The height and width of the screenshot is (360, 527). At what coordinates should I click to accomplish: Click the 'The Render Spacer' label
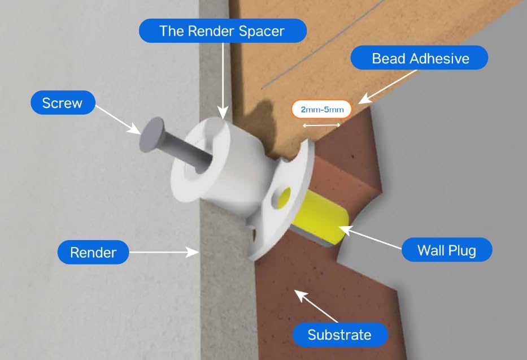pos(223,31)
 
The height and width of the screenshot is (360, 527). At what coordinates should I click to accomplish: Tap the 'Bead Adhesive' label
pos(420,58)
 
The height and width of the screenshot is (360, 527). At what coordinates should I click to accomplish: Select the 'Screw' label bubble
pos(63,102)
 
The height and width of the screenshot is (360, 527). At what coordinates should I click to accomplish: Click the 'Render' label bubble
pos(93,252)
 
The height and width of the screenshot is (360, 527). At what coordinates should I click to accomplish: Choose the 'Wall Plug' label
pos(447,250)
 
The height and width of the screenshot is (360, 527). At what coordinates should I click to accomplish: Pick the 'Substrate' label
pos(340,335)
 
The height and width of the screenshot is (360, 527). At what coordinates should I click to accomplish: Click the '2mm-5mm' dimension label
pos(321,109)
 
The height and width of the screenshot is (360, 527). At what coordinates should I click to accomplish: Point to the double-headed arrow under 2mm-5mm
pos(321,125)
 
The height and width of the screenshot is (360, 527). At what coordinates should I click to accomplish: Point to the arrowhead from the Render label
pos(194,252)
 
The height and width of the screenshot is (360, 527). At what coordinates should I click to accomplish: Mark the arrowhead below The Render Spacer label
pos(223,113)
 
